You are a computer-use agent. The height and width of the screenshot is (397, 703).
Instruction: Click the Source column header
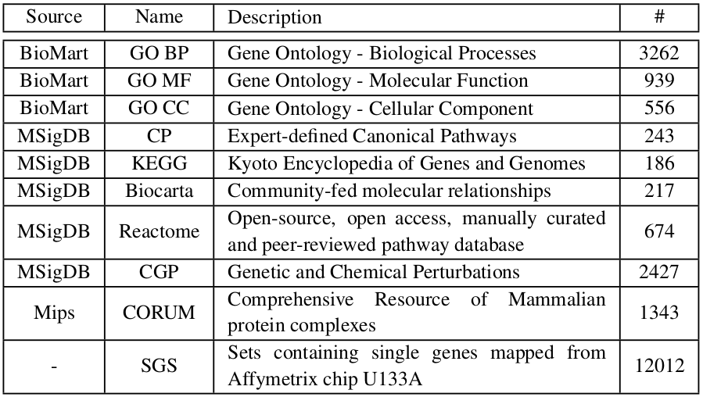(54, 16)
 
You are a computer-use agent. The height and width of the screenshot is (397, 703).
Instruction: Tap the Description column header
(274, 17)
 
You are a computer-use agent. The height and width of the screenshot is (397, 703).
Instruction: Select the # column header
(659, 16)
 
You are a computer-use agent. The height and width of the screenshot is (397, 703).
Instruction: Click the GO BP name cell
(160, 53)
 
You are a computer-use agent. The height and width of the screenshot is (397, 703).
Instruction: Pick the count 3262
(659, 53)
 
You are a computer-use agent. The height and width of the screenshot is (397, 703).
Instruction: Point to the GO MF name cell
(160, 80)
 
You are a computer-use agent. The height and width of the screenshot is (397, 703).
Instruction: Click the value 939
(659, 80)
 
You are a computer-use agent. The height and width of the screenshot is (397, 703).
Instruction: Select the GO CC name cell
(160, 108)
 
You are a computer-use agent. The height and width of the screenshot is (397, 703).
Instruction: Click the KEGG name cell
(160, 163)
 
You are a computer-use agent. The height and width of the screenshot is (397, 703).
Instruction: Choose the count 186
(659, 163)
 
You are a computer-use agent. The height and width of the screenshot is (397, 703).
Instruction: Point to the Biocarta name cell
(160, 191)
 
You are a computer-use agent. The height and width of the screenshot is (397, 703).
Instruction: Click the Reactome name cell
(160, 231)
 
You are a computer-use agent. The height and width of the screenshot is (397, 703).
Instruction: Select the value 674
(659, 231)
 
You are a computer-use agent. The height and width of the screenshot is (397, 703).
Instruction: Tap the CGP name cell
(160, 272)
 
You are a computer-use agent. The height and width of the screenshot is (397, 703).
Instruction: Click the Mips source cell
(54, 313)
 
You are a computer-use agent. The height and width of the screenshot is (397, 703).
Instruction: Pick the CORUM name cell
(160, 313)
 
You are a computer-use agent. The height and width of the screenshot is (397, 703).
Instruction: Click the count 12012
(659, 366)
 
